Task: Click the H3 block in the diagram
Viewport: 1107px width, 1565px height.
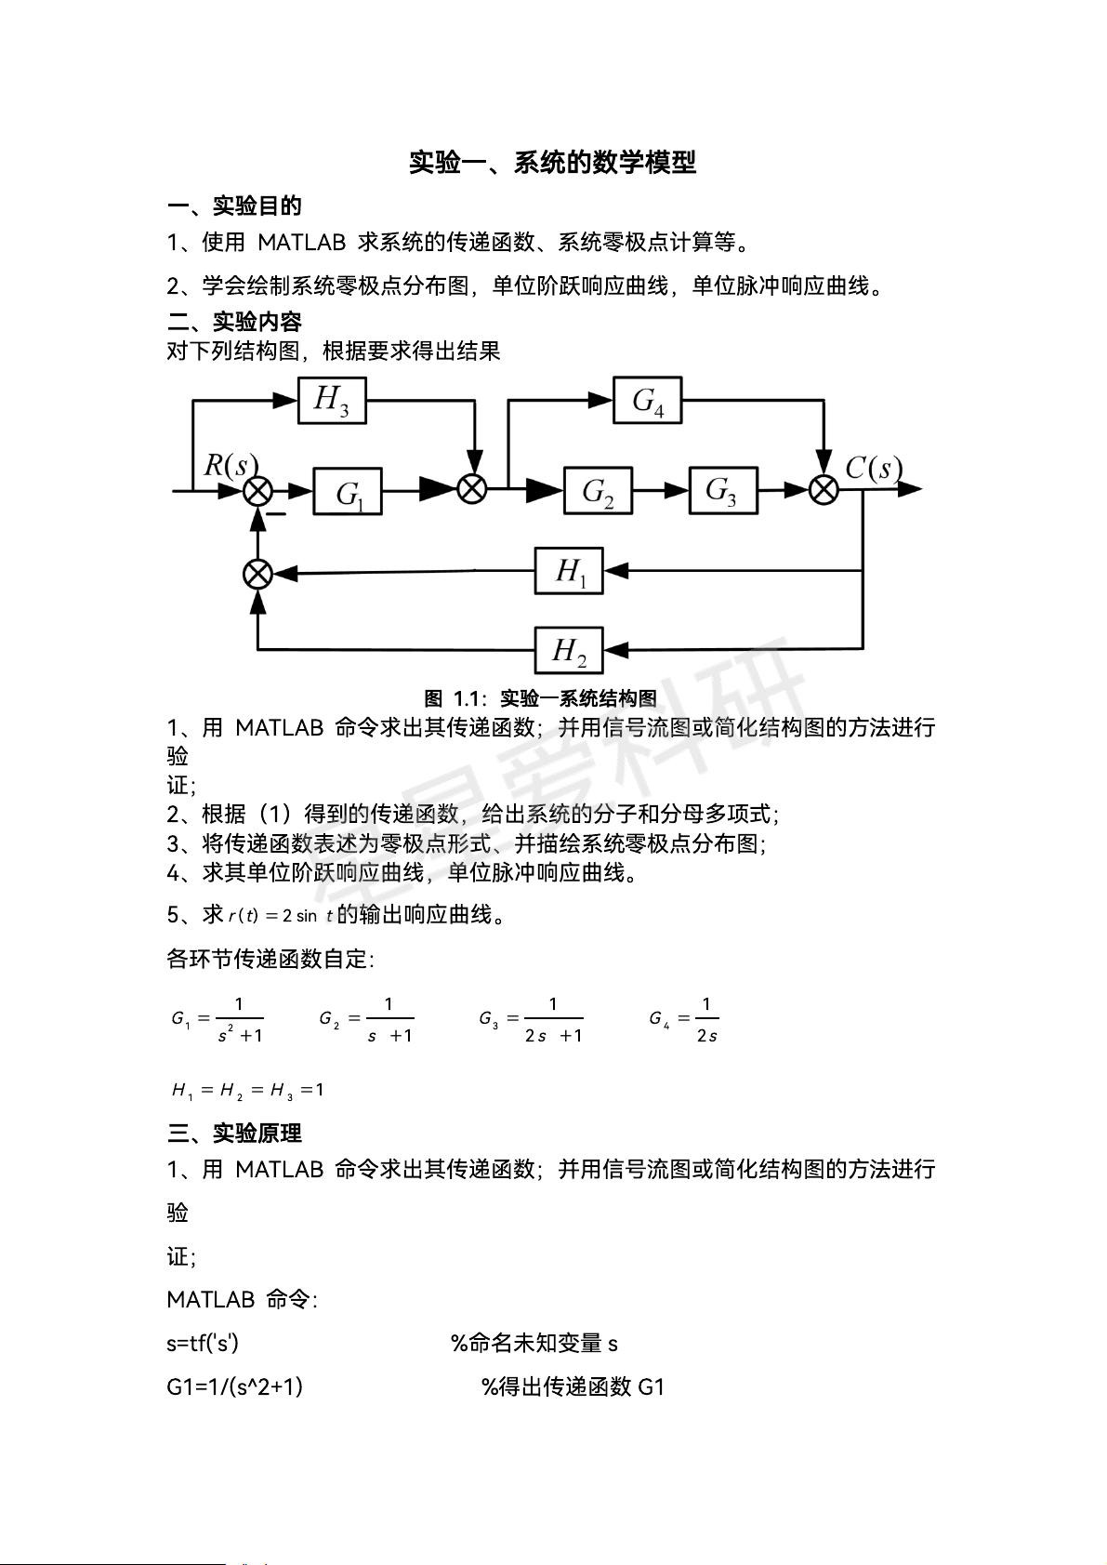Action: [332, 400]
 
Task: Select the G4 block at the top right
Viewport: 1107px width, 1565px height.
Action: [647, 400]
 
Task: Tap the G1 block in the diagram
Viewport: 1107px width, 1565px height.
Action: [348, 491]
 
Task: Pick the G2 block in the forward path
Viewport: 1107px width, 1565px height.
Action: [598, 490]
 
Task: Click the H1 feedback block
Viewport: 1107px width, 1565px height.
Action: [569, 571]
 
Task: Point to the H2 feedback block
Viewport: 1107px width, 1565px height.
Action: [569, 650]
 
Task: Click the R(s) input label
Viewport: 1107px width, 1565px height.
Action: [230, 465]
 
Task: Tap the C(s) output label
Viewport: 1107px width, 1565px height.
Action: [873, 468]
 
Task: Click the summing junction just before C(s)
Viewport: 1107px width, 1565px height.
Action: [824, 489]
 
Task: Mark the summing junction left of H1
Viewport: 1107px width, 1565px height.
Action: [257, 573]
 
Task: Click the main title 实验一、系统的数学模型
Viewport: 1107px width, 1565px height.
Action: [553, 163]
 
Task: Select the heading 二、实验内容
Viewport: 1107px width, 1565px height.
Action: [234, 322]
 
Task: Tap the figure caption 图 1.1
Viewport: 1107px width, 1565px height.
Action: [540, 698]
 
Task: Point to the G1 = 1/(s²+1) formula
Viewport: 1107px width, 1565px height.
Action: [217, 1019]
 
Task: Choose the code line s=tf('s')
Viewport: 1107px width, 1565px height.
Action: [203, 1343]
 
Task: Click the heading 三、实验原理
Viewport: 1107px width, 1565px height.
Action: [234, 1134]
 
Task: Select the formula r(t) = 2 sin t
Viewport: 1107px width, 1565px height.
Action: [280, 916]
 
